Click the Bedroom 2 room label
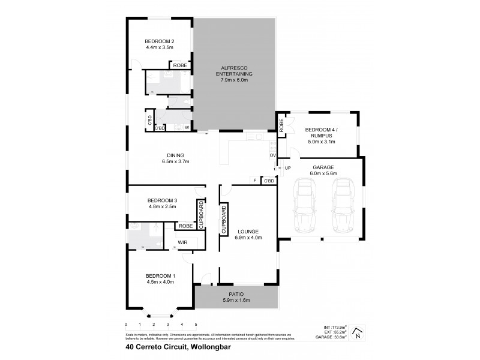159,41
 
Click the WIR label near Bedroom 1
183,242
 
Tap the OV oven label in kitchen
272,155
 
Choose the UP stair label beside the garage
287,168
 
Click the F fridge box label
255,180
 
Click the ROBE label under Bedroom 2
180,65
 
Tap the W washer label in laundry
187,128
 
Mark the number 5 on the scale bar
196,324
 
